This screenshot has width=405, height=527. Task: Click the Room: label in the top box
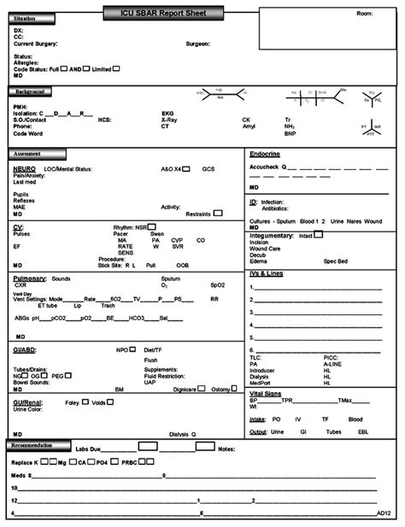point(365,15)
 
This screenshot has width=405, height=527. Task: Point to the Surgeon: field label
point(198,44)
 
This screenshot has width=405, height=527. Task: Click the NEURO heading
point(24,169)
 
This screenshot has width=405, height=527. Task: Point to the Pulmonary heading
point(30,278)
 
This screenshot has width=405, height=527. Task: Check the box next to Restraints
point(218,213)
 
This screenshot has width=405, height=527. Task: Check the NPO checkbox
point(134,349)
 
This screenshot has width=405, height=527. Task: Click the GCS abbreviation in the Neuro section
point(208,170)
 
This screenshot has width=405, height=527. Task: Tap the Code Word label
point(27,133)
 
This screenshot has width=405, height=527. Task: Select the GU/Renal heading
point(29,401)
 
